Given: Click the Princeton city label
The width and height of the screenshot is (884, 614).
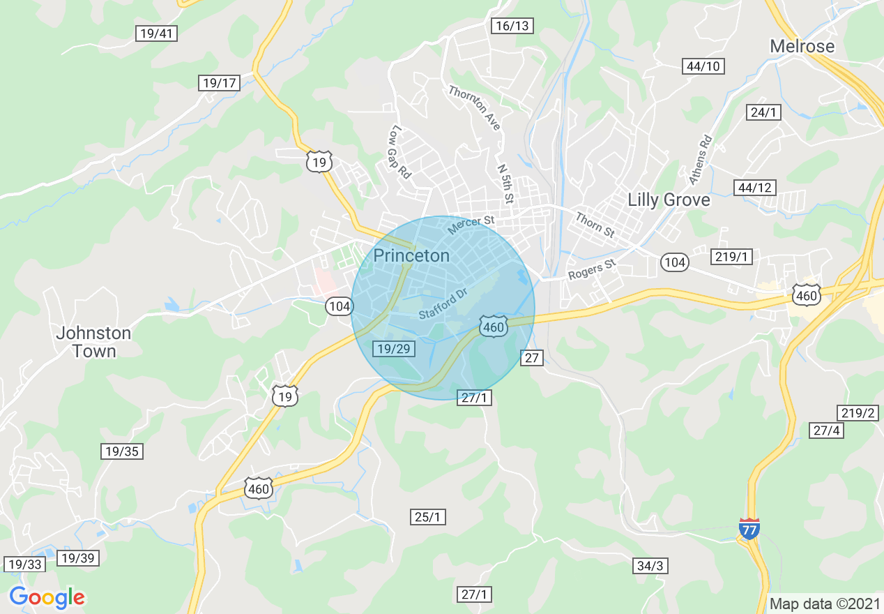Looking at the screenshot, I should point(411,255).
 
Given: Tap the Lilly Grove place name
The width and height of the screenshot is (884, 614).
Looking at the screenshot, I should point(669,200).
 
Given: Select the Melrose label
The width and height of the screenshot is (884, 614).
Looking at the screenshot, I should point(802,46).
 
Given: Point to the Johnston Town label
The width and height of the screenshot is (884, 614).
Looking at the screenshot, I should point(93,342).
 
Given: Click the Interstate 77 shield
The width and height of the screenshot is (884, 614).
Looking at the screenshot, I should point(749,528).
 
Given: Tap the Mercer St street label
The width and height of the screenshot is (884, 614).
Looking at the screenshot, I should point(471,225).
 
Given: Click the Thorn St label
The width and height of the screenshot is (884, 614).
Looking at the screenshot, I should point(595,225).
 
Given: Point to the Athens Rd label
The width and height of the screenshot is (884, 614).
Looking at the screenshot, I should point(701,160).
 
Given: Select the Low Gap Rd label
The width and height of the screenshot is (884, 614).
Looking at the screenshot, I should point(399,152).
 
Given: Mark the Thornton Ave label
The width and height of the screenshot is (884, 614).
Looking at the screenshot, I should point(475,107).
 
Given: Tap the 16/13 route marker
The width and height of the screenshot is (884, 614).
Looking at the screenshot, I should point(512,26).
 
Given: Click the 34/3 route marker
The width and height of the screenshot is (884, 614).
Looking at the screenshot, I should point(650,566).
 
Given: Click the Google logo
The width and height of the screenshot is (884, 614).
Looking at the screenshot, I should point(47,598).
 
